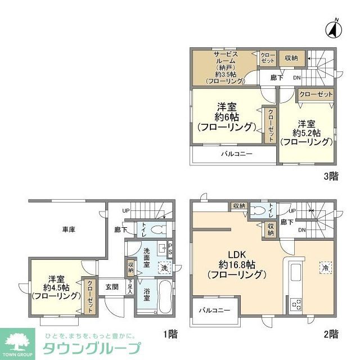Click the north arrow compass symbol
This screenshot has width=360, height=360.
pyautogui.click(x=334, y=28)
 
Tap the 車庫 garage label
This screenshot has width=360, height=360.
pyautogui.click(x=70, y=229)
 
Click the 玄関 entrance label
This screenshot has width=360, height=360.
pyautogui.click(x=111, y=286)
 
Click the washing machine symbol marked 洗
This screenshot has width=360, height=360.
pyautogui.click(x=164, y=268)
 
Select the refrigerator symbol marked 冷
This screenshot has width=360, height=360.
pyautogui.click(x=325, y=267)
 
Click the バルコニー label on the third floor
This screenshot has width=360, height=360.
pyautogui.click(x=236, y=154)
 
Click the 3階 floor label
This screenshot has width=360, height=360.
pyautogui.click(x=331, y=175)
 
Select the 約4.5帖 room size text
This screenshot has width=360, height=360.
pyautogui.click(x=56, y=287)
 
